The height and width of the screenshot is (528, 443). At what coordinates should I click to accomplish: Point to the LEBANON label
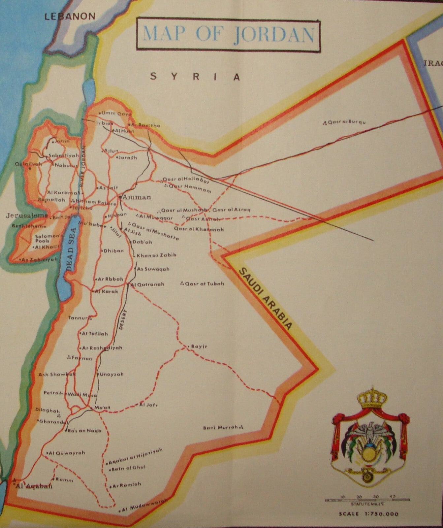[x=70, y=16]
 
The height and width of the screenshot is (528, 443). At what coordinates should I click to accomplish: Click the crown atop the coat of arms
[x=372, y=400]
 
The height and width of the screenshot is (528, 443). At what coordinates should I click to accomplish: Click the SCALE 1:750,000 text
[x=368, y=514]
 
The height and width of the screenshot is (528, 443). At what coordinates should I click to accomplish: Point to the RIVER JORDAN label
[x=84, y=163]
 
